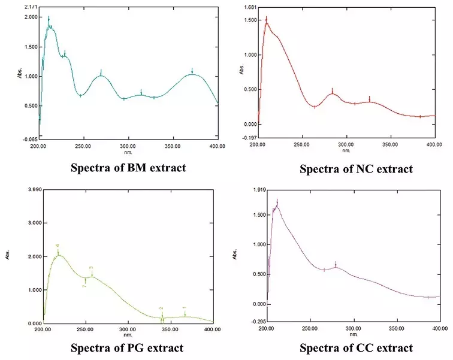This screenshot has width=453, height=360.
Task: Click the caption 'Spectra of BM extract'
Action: tap(128, 167)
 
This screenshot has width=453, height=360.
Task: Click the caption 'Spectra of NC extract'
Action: tap(356, 169)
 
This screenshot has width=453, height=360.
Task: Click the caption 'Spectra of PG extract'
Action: tap(127, 347)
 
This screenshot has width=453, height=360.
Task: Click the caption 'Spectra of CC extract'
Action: tap(356, 347)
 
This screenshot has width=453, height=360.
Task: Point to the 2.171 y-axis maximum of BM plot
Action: tap(30, 7)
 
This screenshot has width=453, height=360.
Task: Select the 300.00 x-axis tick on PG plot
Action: tap(128, 329)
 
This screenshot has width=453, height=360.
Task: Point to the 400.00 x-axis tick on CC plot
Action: tap(440, 329)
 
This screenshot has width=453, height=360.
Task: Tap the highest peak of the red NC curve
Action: tap(267, 23)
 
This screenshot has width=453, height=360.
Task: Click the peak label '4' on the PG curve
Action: tap(58, 246)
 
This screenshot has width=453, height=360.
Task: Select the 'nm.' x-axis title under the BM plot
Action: tap(128, 153)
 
